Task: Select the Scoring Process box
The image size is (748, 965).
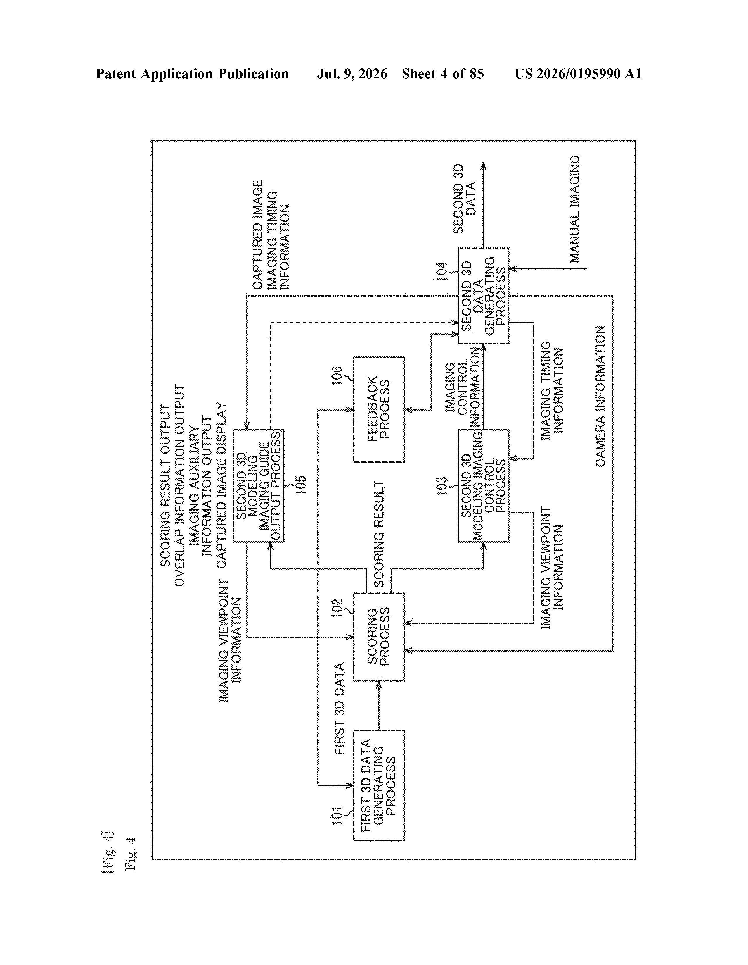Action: (x=378, y=637)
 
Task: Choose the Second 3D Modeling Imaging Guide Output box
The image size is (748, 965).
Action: (x=258, y=486)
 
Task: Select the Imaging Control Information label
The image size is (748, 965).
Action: (x=462, y=387)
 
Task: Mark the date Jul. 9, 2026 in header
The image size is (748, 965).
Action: (x=352, y=74)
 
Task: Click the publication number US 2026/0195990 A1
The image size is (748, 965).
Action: (x=578, y=74)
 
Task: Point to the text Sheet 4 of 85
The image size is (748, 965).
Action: (x=443, y=74)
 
